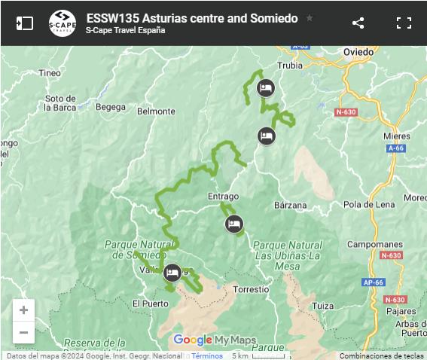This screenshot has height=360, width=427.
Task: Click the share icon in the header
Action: coord(358,23)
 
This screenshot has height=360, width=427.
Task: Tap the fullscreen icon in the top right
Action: coord(404,23)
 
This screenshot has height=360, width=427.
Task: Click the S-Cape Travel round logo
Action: coord(62,23)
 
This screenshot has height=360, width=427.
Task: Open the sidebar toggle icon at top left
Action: coord(24,23)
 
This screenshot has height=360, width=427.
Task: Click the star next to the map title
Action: coord(310,18)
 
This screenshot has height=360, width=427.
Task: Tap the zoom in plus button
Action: coord(23,310)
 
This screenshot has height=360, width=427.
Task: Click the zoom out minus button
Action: coord(23,332)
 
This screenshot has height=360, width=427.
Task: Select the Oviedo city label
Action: coord(358,52)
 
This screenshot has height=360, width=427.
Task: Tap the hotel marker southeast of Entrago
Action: coord(234,223)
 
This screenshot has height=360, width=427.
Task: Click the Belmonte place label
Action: coord(156,111)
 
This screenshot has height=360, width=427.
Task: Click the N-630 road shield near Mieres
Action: coord(346,112)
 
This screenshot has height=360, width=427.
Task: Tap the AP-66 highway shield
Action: coord(374,282)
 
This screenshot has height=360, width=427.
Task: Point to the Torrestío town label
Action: coord(251,289)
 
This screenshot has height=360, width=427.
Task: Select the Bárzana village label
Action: coord(291,204)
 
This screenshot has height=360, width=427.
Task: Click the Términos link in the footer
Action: coord(207,355)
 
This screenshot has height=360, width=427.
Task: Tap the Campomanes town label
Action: coord(375,245)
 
